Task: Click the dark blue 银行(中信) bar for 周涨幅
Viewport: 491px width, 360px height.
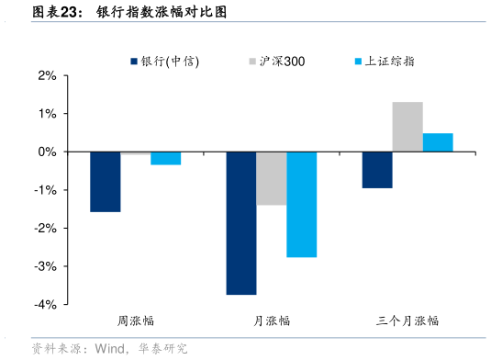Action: [x=105, y=182]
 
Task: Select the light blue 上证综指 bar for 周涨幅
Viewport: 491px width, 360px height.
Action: [x=165, y=158]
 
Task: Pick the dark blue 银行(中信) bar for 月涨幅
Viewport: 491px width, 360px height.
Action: [x=241, y=223]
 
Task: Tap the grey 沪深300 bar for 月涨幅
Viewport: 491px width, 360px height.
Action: [x=271, y=178]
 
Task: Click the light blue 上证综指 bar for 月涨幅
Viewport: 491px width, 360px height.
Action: [x=301, y=204]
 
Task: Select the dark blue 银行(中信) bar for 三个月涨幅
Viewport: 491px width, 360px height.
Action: [x=377, y=170]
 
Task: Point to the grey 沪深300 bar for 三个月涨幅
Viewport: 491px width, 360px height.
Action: [x=407, y=127]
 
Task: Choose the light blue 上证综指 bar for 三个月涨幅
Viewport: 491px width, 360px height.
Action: [x=438, y=142]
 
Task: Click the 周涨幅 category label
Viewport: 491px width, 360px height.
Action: [x=135, y=321]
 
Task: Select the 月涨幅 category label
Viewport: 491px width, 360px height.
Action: [x=272, y=321]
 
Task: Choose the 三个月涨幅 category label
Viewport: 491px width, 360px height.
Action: [x=407, y=321]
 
